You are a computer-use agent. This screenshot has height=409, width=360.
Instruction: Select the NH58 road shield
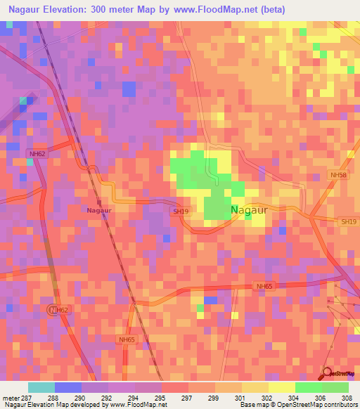[x=338, y=175]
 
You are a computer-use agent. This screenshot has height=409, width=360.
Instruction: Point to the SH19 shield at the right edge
[x=349, y=222]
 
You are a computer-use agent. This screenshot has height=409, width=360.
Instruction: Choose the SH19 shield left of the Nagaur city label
[x=179, y=210]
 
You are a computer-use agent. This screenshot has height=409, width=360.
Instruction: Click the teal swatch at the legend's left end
[x=41, y=387]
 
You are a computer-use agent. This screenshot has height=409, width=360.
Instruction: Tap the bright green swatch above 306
[x=309, y=387]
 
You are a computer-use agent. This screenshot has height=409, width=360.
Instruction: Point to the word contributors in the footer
[x=340, y=405]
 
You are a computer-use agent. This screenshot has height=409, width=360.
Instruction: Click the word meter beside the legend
[x=11, y=397]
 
